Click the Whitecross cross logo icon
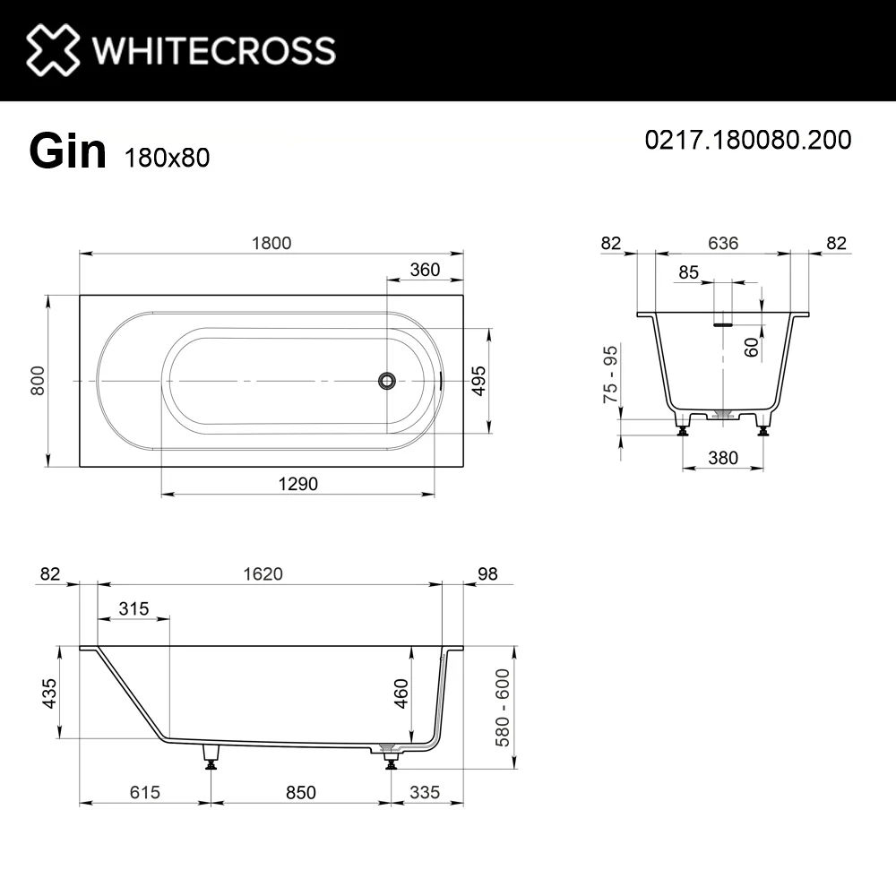[x=53, y=49]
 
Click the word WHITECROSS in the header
[x=214, y=50]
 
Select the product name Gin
[x=67, y=151]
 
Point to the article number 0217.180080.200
[x=748, y=140]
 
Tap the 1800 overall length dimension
[x=271, y=243]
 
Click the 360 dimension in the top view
[x=425, y=269]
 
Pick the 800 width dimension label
[x=37, y=381]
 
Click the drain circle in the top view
[x=387, y=381]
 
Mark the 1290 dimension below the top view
[x=297, y=484]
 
